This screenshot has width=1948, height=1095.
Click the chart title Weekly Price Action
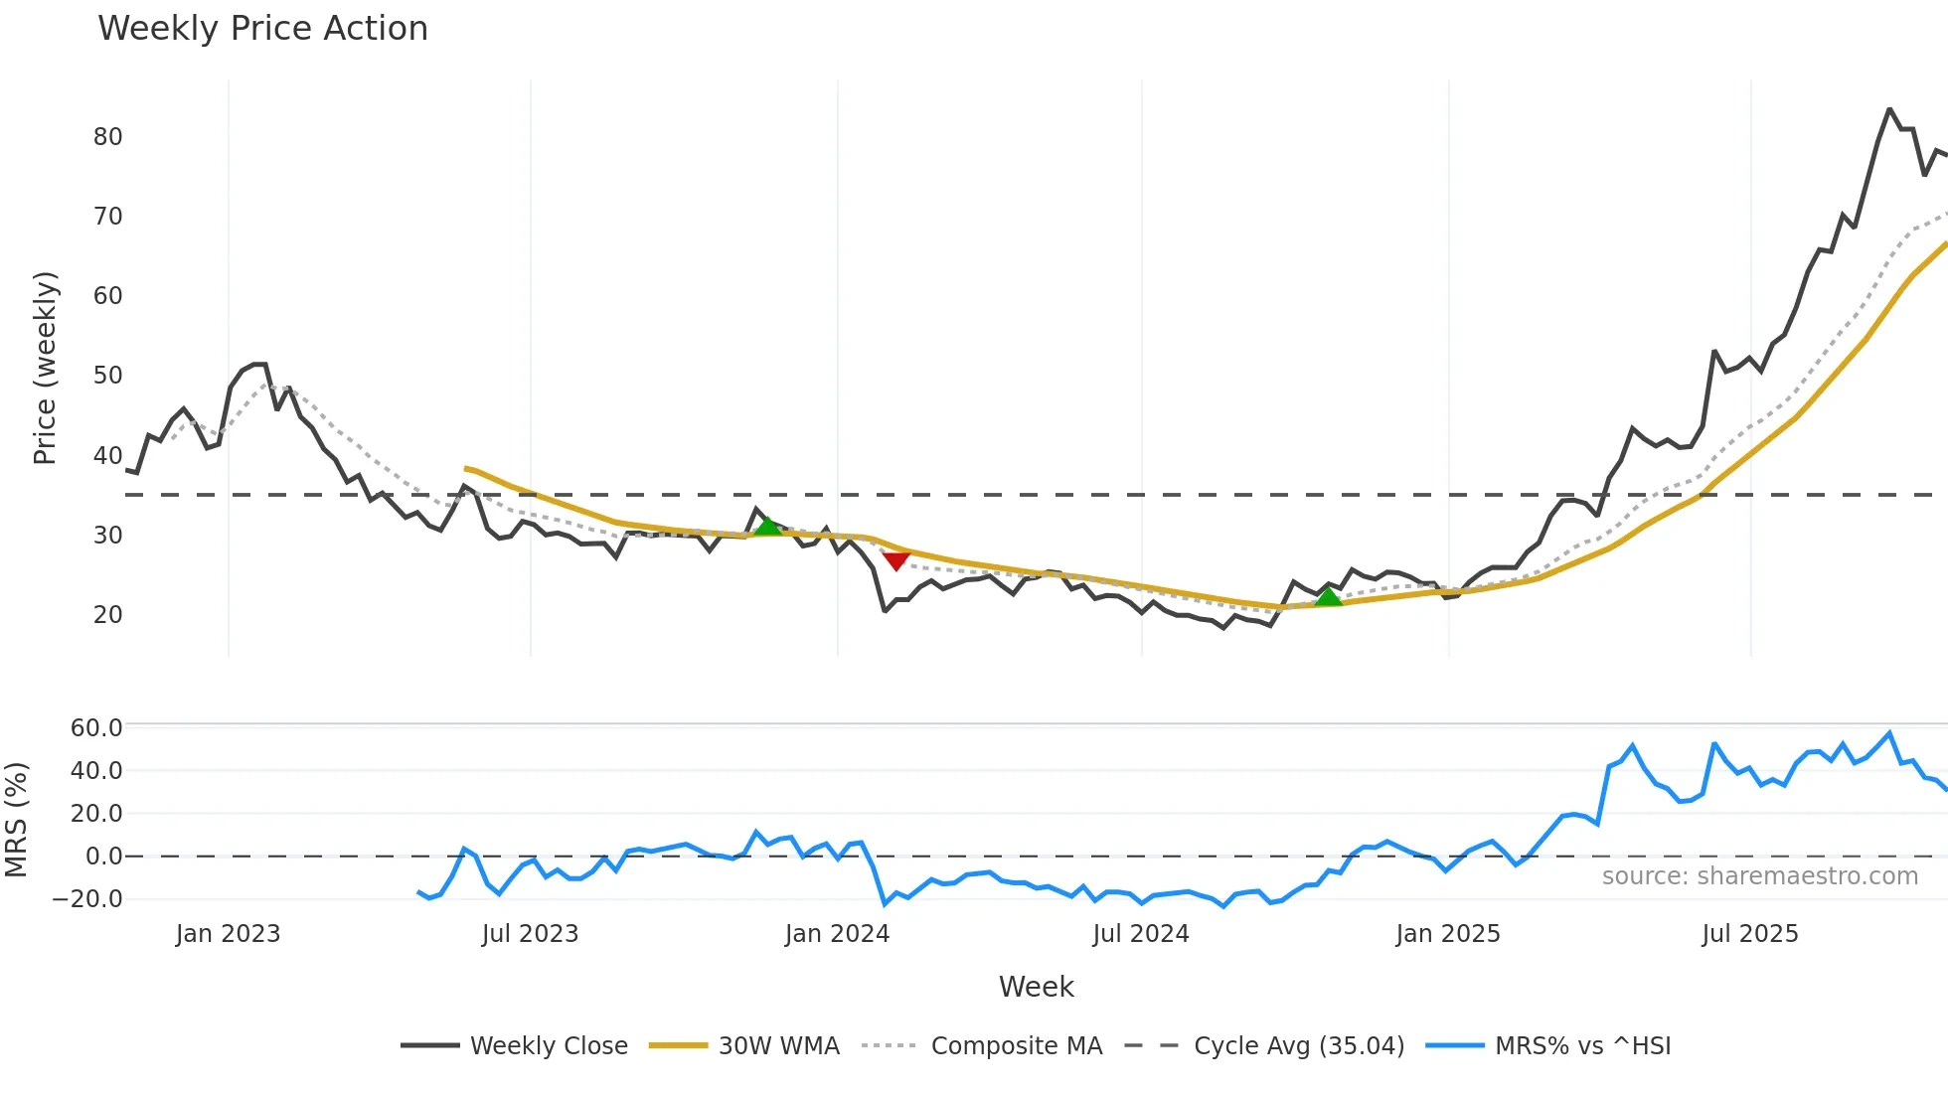pyautogui.click(x=262, y=29)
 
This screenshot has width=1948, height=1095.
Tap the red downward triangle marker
pyautogui.click(x=896, y=560)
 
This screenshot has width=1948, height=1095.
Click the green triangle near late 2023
pyautogui.click(x=768, y=526)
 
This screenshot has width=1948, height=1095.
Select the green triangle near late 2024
pyautogui.click(x=1329, y=596)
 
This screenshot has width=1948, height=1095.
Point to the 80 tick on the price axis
pyautogui.click(x=107, y=137)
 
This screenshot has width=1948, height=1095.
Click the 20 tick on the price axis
pyautogui.click(x=107, y=615)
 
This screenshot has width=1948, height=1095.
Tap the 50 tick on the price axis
pyautogui.click(x=107, y=376)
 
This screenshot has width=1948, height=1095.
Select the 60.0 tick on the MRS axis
pyautogui.click(x=96, y=728)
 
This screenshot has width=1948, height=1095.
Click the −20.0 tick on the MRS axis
pyautogui.click(x=87, y=899)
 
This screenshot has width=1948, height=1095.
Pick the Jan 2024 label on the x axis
pyautogui.click(x=837, y=934)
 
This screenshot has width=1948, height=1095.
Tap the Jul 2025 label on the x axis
pyautogui.click(x=1750, y=934)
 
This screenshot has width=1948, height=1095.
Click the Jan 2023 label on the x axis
pyautogui.click(x=228, y=934)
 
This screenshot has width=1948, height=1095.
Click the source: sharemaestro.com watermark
pyautogui.click(x=1759, y=876)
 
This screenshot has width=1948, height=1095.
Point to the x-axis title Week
pyautogui.click(x=1036, y=987)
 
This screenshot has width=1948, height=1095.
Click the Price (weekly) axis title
pyautogui.click(x=45, y=368)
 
